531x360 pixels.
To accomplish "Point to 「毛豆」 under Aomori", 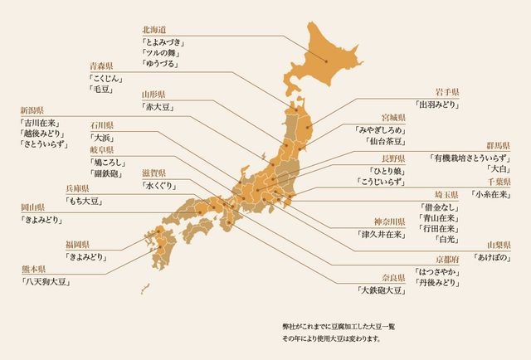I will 104,89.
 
